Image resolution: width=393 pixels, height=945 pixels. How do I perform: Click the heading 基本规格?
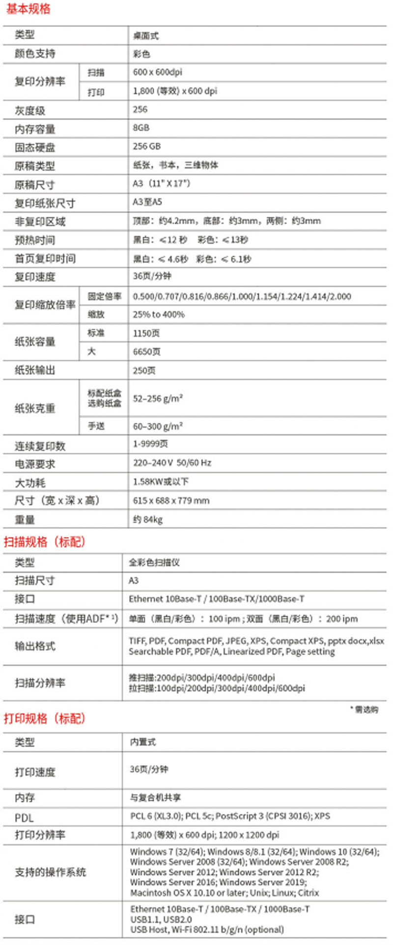coord(28,9)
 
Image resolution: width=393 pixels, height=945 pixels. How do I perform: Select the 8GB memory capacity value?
coord(141,128)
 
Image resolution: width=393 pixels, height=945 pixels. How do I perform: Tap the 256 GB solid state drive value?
coord(146,147)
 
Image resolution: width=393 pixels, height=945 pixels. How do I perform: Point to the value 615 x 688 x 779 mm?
coord(171,501)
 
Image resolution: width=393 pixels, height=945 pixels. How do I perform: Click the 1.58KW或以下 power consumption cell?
coord(161,481)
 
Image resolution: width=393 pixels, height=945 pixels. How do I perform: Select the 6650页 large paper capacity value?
coord(146,352)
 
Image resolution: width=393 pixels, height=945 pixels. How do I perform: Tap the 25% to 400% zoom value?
coord(159,314)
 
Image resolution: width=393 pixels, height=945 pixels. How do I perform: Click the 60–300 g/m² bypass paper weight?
coord(158,426)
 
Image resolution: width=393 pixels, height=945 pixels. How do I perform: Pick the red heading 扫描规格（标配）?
coord(45,542)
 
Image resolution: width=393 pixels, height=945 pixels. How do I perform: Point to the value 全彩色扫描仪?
coord(154,562)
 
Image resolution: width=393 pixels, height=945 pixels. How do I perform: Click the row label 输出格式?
coord(35,646)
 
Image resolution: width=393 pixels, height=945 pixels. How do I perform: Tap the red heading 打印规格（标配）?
coord(45,718)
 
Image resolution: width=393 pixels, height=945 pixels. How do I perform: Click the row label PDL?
coord(24,818)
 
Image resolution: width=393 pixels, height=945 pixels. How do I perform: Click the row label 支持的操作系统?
coord(50,872)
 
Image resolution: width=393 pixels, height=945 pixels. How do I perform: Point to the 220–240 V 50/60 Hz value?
coord(172,463)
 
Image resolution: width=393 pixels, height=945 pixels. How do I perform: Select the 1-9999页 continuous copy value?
coord(150,444)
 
